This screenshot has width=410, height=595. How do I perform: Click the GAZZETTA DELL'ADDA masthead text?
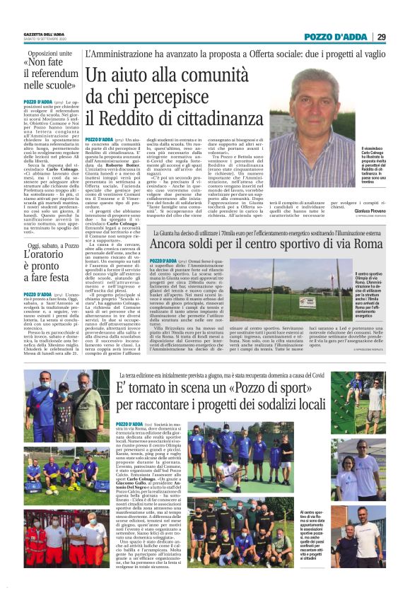pyautogui.click(x=45, y=34)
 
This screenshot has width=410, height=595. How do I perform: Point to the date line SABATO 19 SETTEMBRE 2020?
pyautogui.click(x=44, y=40)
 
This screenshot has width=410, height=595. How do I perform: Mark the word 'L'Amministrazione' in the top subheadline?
pyautogui.click(x=118, y=54)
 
